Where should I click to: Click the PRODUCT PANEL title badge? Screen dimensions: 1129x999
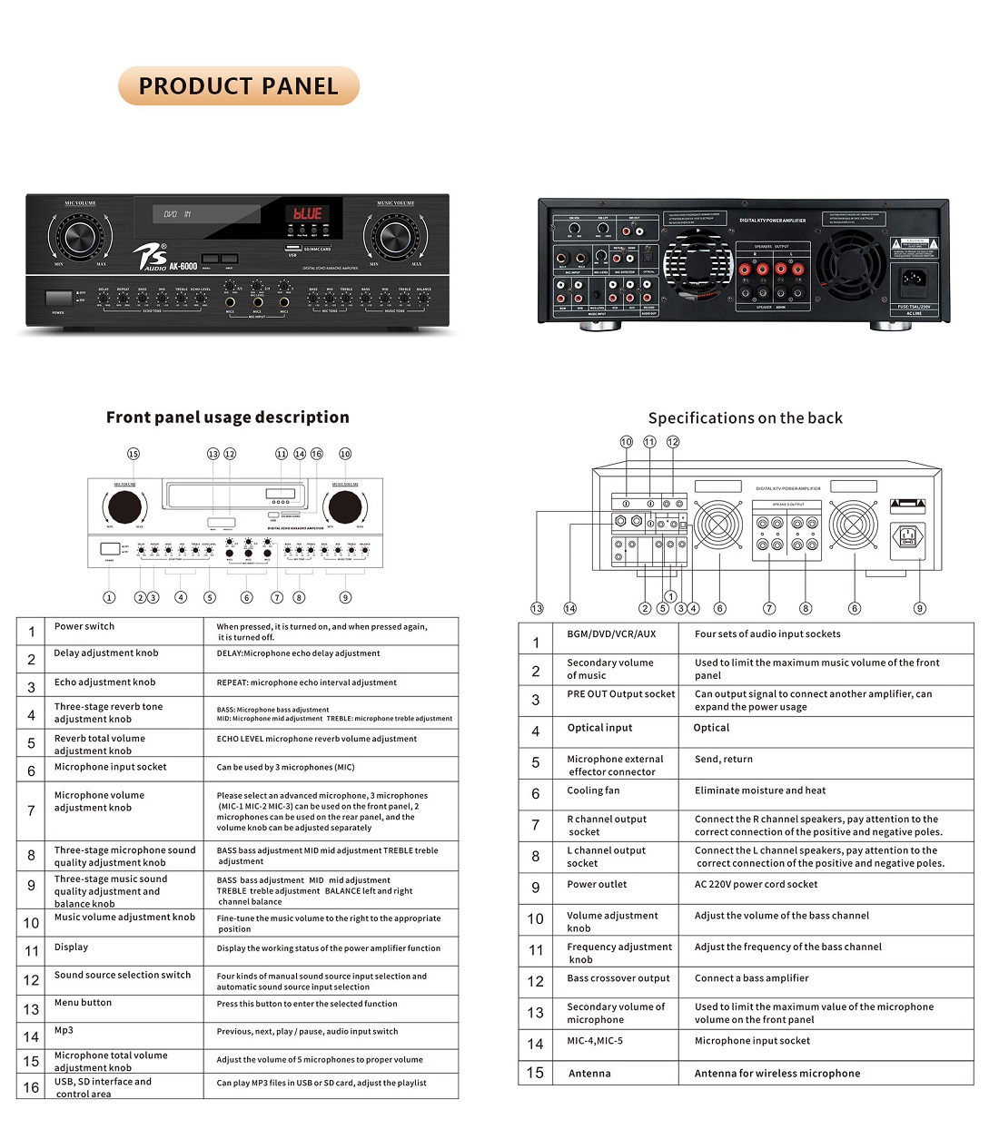239,86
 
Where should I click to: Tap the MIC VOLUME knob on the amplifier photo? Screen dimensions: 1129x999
79,236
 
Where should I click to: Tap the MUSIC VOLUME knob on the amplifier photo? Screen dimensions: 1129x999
395,236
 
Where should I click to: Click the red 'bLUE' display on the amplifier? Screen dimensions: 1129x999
307,214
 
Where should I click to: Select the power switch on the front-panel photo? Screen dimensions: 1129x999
59,298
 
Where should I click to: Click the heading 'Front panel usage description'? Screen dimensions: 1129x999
227,417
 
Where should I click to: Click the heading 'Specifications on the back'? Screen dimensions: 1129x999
745,418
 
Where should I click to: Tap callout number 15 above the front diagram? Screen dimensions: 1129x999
134,454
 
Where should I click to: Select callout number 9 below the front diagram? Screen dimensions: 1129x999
345,597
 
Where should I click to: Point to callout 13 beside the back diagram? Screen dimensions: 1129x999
537,608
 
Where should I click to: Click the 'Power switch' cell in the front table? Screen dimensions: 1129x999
84,626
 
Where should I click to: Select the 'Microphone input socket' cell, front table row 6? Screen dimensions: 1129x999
110,767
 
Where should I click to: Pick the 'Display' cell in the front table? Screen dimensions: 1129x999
71,947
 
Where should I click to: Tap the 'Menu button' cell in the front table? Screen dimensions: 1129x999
83,1003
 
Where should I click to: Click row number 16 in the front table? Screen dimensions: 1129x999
32,1087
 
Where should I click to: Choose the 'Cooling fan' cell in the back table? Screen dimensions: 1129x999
593,790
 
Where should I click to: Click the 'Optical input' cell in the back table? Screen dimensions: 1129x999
599,728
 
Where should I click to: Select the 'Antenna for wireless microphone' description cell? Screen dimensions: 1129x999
776,1074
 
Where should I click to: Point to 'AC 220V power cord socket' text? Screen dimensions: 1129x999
756,884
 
